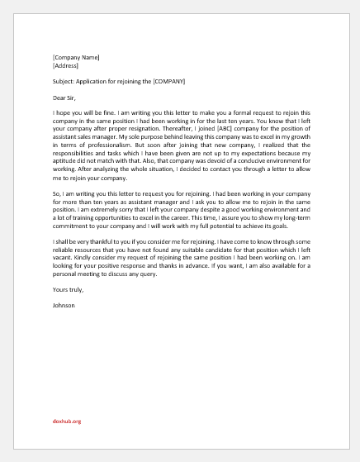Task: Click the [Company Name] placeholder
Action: point(75,57)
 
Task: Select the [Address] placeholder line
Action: point(66,65)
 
